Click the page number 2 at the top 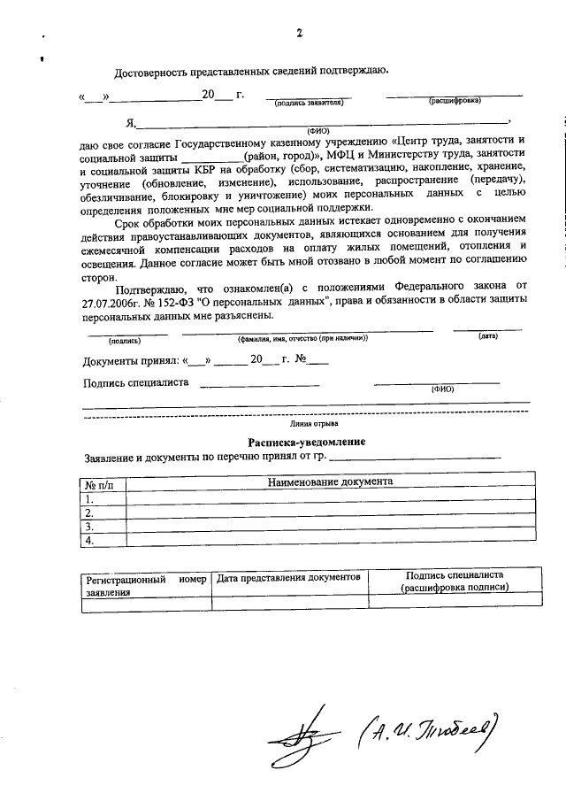(299, 35)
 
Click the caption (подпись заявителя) (309, 103)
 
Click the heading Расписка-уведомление (306, 442)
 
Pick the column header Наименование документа (331, 482)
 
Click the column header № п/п (104, 485)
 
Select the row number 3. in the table (88, 527)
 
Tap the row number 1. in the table (88, 499)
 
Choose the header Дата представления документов (288, 577)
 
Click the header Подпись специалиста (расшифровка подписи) (455, 582)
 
